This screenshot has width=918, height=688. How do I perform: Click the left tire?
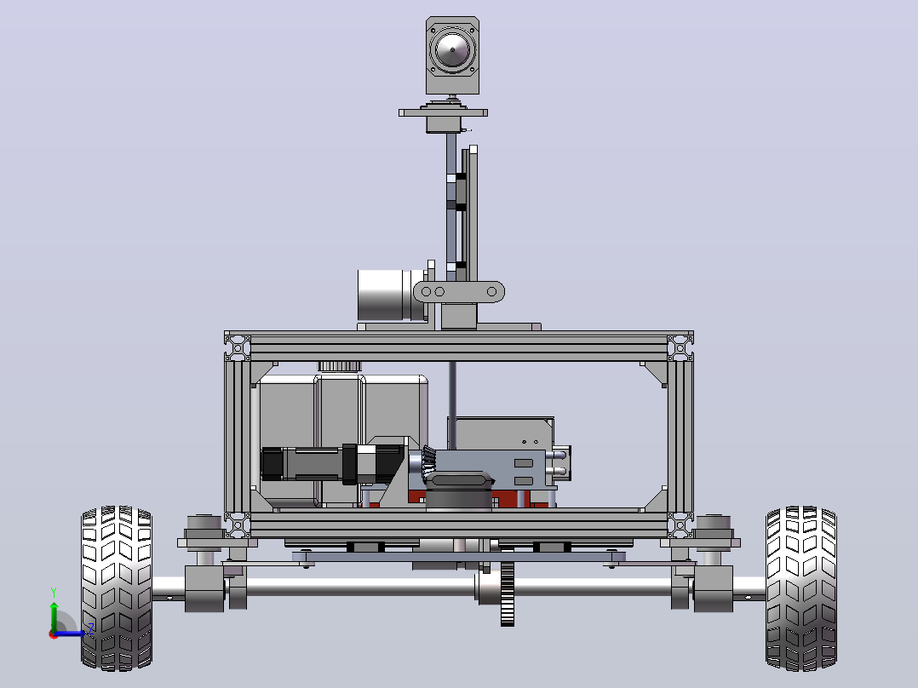pos(117,588)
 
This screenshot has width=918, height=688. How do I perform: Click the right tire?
pos(800,588)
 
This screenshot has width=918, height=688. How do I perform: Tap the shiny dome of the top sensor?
pos(452,49)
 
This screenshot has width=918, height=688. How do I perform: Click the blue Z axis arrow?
pos(70,633)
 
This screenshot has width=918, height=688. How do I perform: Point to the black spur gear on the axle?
pos(507,593)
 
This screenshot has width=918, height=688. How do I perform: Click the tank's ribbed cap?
pos(340,366)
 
